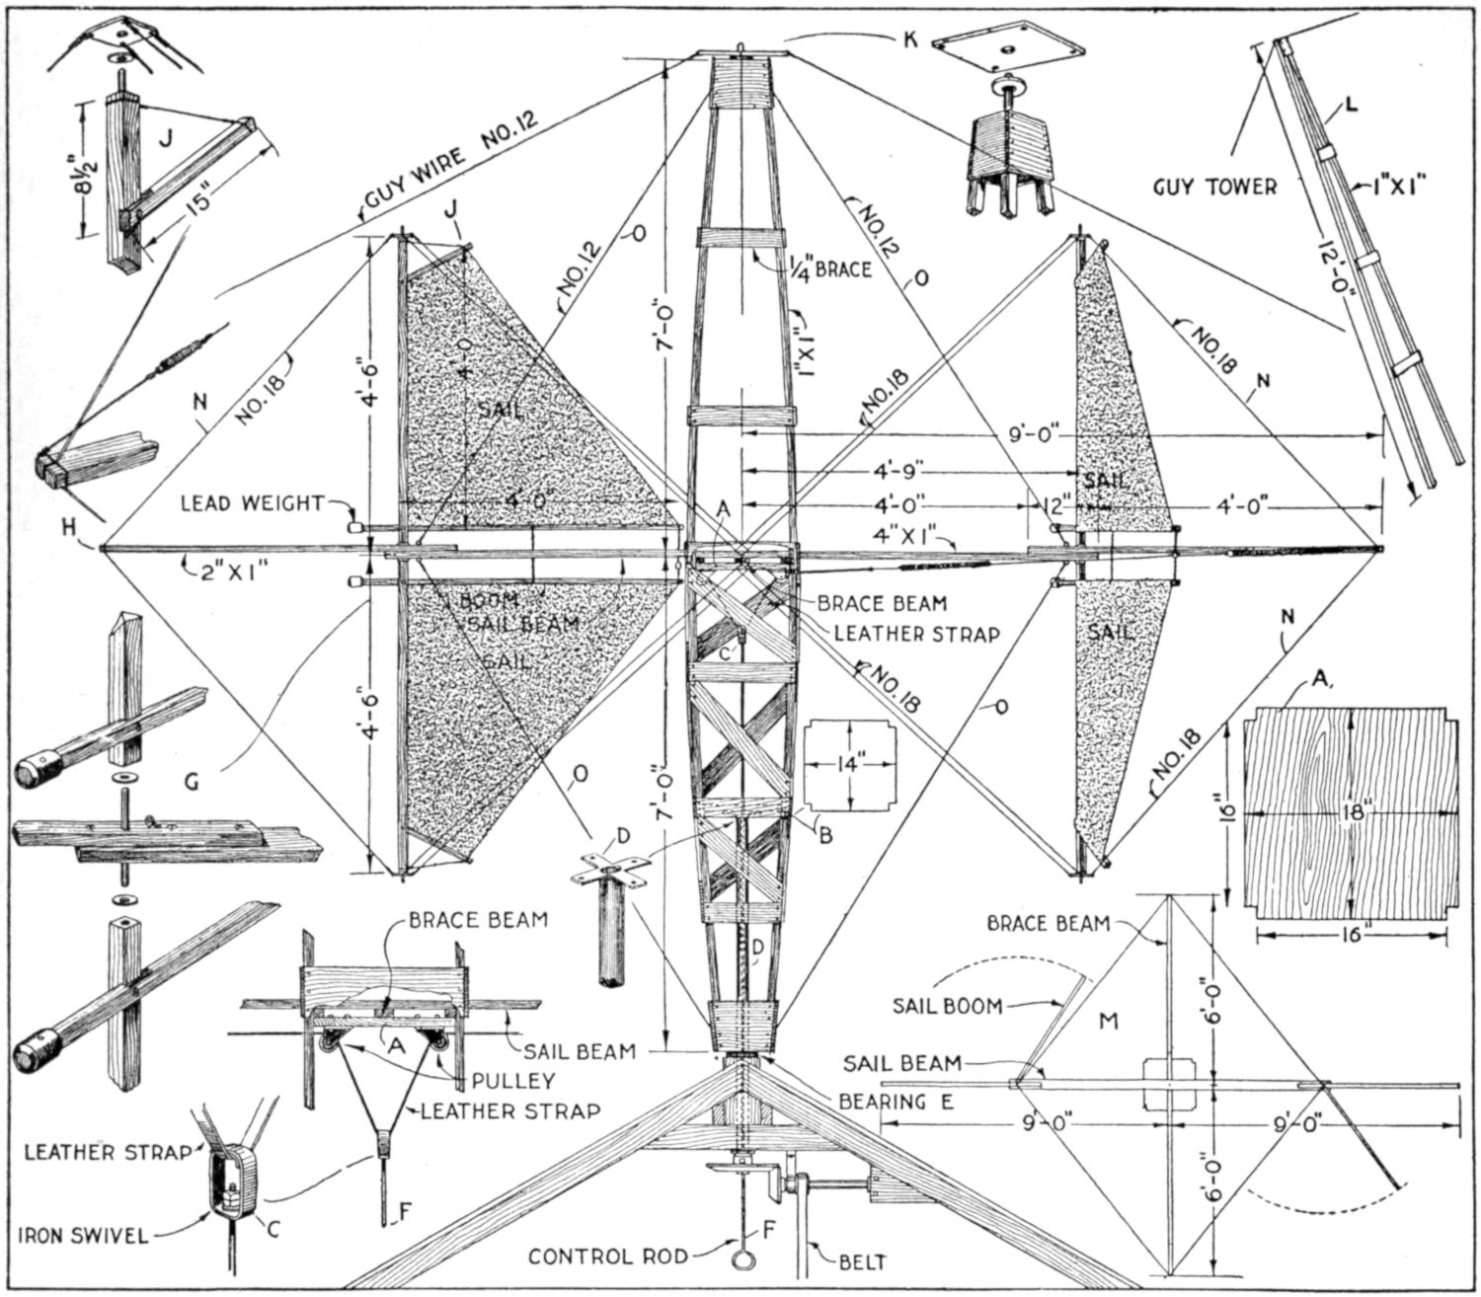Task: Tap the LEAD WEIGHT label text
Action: (x=264, y=504)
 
